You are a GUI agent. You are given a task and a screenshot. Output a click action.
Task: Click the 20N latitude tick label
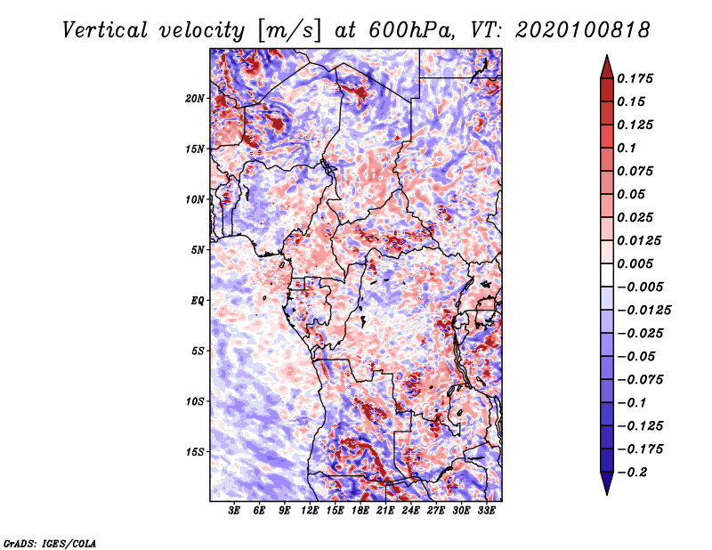(195, 98)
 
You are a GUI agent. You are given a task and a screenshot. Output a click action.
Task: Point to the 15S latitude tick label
(195, 452)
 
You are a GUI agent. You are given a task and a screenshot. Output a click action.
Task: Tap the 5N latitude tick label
(197, 250)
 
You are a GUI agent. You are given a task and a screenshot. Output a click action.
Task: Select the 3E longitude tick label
(234, 512)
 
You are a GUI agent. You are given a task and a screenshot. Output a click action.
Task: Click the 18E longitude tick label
(360, 512)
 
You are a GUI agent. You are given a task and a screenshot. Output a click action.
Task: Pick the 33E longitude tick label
(487, 512)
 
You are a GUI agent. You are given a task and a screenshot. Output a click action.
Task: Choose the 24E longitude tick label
(411, 512)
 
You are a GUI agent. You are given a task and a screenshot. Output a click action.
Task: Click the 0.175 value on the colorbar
(636, 78)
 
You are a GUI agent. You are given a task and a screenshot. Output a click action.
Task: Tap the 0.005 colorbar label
(636, 263)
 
